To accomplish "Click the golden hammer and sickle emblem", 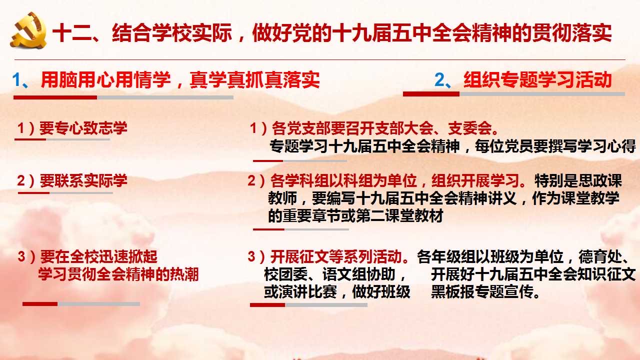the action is pyautogui.click(x=28, y=30).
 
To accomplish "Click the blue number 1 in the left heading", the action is pyautogui.click(x=16, y=79).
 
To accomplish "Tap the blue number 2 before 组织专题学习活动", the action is pyautogui.click(x=439, y=79).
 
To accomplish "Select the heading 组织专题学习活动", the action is pyautogui.click(x=537, y=79).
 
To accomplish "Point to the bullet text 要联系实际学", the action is pyautogui.click(x=83, y=180).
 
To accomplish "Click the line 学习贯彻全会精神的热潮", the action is pyautogui.click(x=118, y=274).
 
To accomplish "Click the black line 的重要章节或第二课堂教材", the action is pyautogui.click(x=355, y=215).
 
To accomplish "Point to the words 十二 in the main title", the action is pyautogui.click(x=72, y=33).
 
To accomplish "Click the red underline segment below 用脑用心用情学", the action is pyautogui.click(x=55, y=97).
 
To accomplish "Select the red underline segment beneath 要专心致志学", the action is pyautogui.click(x=30, y=139).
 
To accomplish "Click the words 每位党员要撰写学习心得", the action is pyautogui.click(x=555, y=146).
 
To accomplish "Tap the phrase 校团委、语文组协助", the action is pyautogui.click(x=330, y=274).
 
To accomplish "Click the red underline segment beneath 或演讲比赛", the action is pyautogui.click(x=267, y=305).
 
